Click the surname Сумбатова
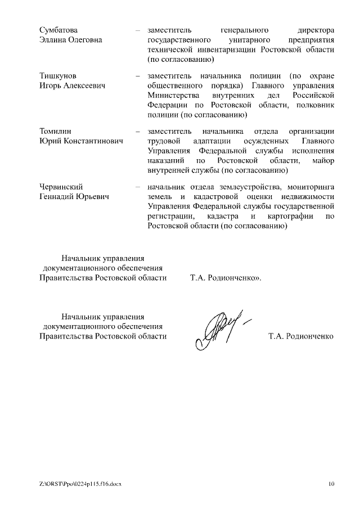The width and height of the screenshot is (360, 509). click(59, 29)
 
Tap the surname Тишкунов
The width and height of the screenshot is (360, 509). click(58, 75)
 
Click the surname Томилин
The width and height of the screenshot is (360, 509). click(56, 131)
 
